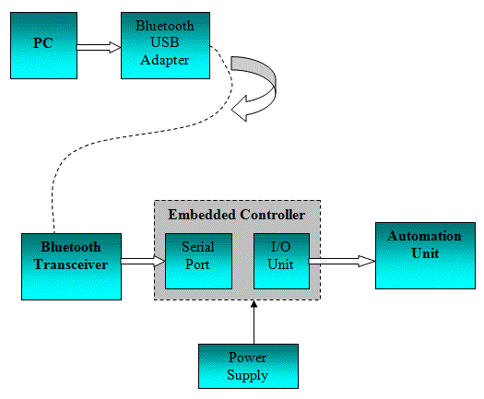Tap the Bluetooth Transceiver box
point(70,265)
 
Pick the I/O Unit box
point(281,259)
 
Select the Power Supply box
point(247,366)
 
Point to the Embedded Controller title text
point(236,215)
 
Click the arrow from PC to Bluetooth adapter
point(98,45)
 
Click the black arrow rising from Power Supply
point(252,322)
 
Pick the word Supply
point(247,374)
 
